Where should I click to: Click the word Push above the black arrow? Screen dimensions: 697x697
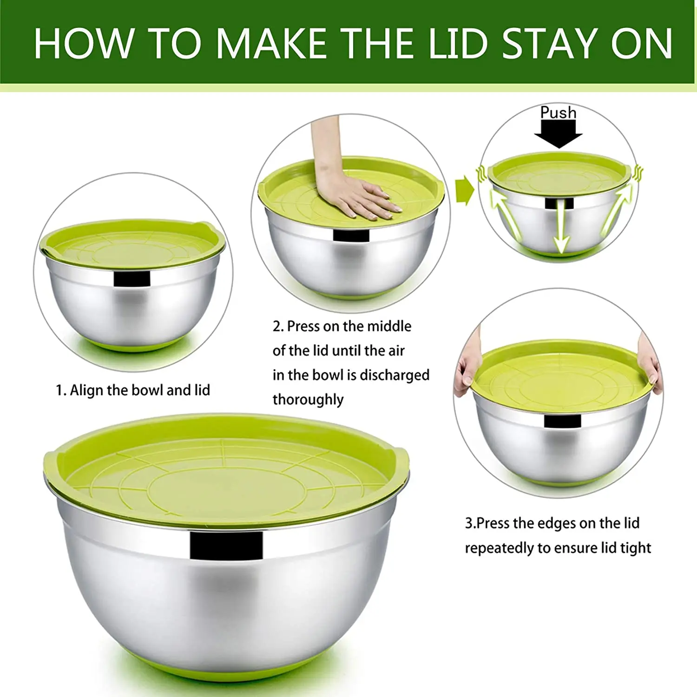pyautogui.click(x=558, y=113)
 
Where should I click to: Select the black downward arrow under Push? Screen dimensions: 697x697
pyautogui.click(x=558, y=134)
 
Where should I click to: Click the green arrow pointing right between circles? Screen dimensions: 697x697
pyautogui.click(x=464, y=190)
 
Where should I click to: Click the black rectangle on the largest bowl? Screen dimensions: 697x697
pyautogui.click(x=226, y=546)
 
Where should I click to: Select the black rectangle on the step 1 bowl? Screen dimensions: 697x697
pyautogui.click(x=132, y=279)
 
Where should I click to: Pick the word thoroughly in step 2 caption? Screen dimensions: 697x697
pyautogui.click(x=308, y=399)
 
